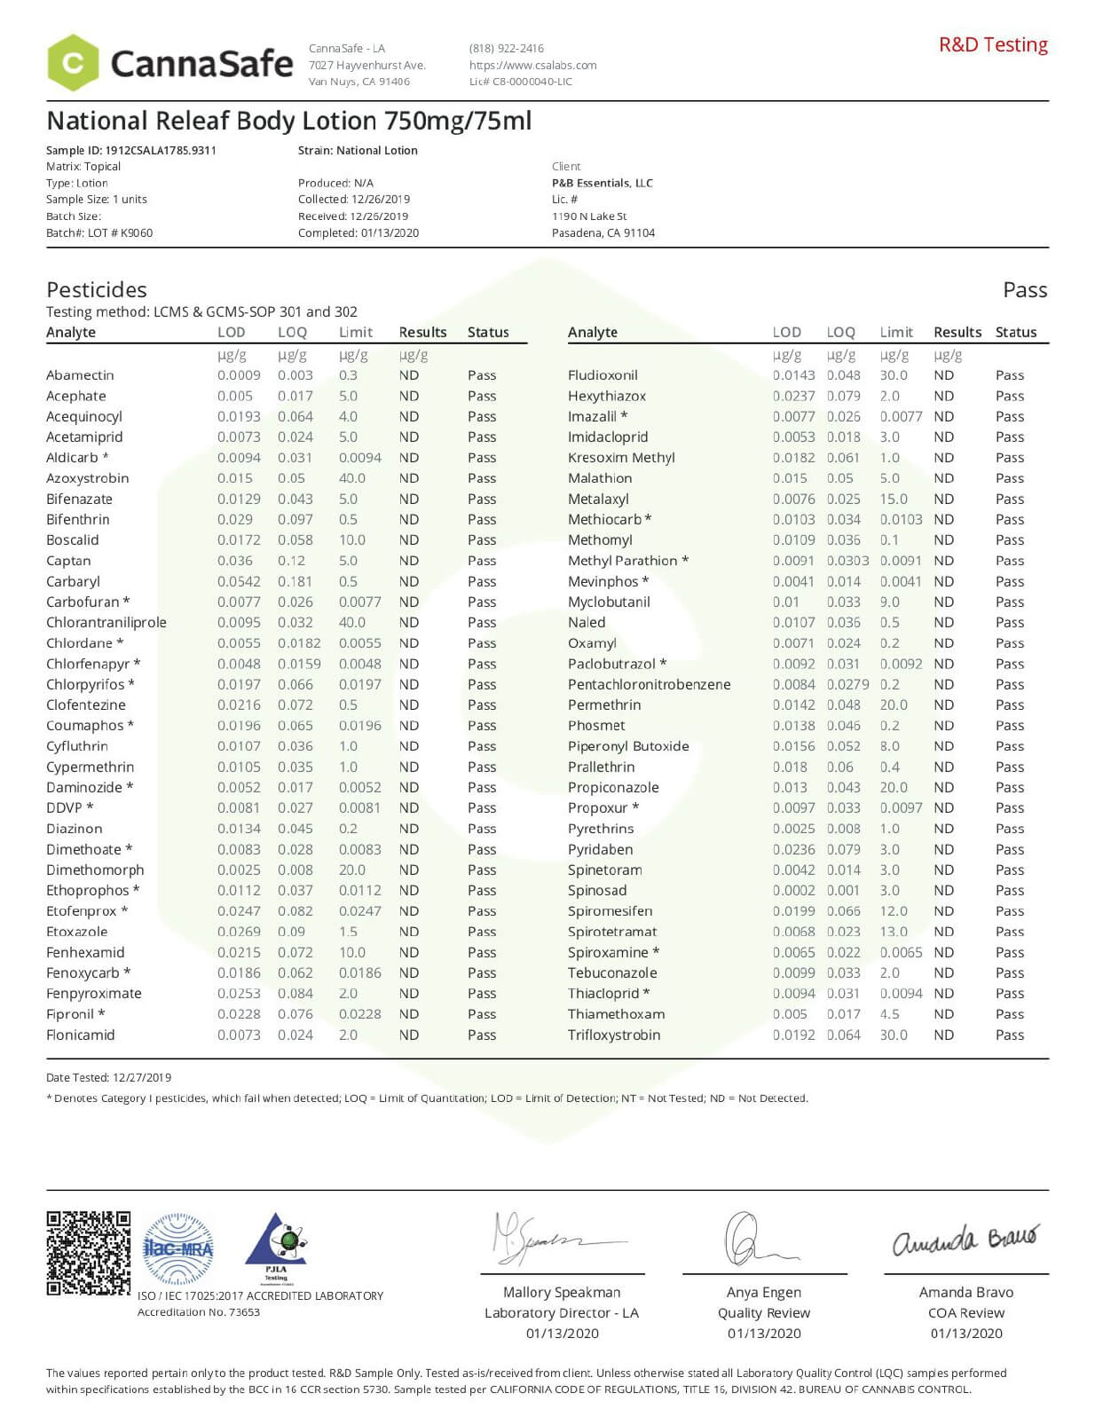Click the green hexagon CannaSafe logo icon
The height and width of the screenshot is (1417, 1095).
pos(73,63)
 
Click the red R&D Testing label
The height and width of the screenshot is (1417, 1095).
pos(993,44)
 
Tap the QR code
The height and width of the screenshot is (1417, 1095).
pos(88,1252)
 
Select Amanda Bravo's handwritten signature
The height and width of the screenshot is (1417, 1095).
pos(965,1240)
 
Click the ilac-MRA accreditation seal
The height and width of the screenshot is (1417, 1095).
pos(178,1249)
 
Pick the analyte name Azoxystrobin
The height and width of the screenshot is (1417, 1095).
pos(88,478)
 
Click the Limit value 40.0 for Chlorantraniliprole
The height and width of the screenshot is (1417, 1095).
pos(351,622)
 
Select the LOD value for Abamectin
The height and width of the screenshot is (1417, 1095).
pos(239,375)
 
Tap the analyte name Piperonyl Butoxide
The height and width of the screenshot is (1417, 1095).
pos(628,746)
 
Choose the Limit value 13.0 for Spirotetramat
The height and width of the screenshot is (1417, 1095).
pos(894,932)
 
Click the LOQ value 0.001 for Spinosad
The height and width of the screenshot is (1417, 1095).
pos(843,890)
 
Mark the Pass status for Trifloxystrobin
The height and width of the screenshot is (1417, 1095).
pos(1010,1035)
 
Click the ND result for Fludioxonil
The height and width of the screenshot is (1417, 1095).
pos(943,375)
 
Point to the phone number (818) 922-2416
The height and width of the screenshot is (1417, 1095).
pos(507,48)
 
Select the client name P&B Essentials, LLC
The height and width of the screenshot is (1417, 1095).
pos(603,183)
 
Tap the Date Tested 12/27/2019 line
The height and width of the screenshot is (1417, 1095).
pos(109,1077)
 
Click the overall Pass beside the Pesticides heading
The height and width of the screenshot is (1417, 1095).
pos(1025,290)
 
